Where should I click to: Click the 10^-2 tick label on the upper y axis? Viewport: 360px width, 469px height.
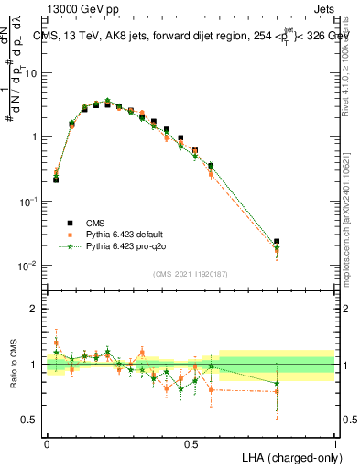(29, 266)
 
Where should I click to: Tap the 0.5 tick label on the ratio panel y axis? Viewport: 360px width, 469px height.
(32, 420)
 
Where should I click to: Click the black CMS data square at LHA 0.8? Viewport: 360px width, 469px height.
(277, 242)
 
